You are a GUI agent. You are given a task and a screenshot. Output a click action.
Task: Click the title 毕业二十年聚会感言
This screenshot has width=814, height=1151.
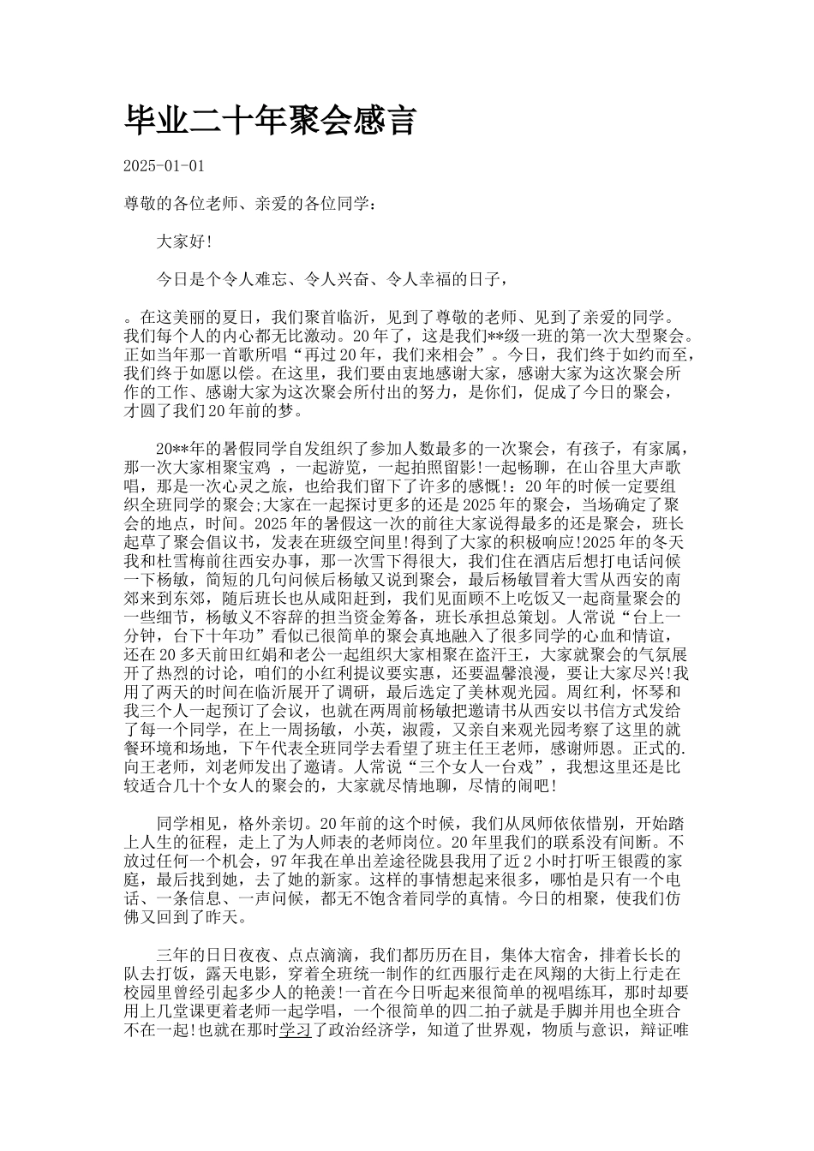[271, 122]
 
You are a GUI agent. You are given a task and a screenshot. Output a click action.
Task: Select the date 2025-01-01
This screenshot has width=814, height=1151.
[165, 166]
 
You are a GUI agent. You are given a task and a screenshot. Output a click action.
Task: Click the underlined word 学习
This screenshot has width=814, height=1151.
[292, 1029]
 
